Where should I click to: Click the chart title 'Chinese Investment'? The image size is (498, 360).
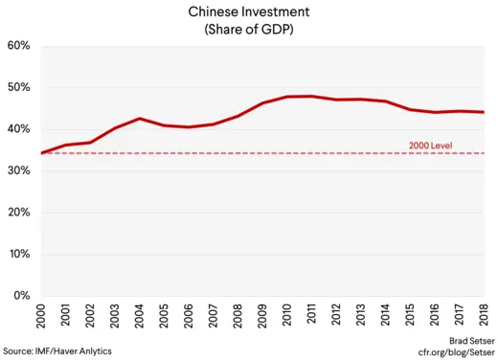click(248, 11)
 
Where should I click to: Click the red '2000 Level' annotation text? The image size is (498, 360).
click(431, 146)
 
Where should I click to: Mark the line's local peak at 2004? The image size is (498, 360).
click(140, 119)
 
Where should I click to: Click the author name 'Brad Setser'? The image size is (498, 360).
click(468, 340)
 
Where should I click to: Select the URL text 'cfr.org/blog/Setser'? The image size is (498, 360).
click(451, 352)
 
